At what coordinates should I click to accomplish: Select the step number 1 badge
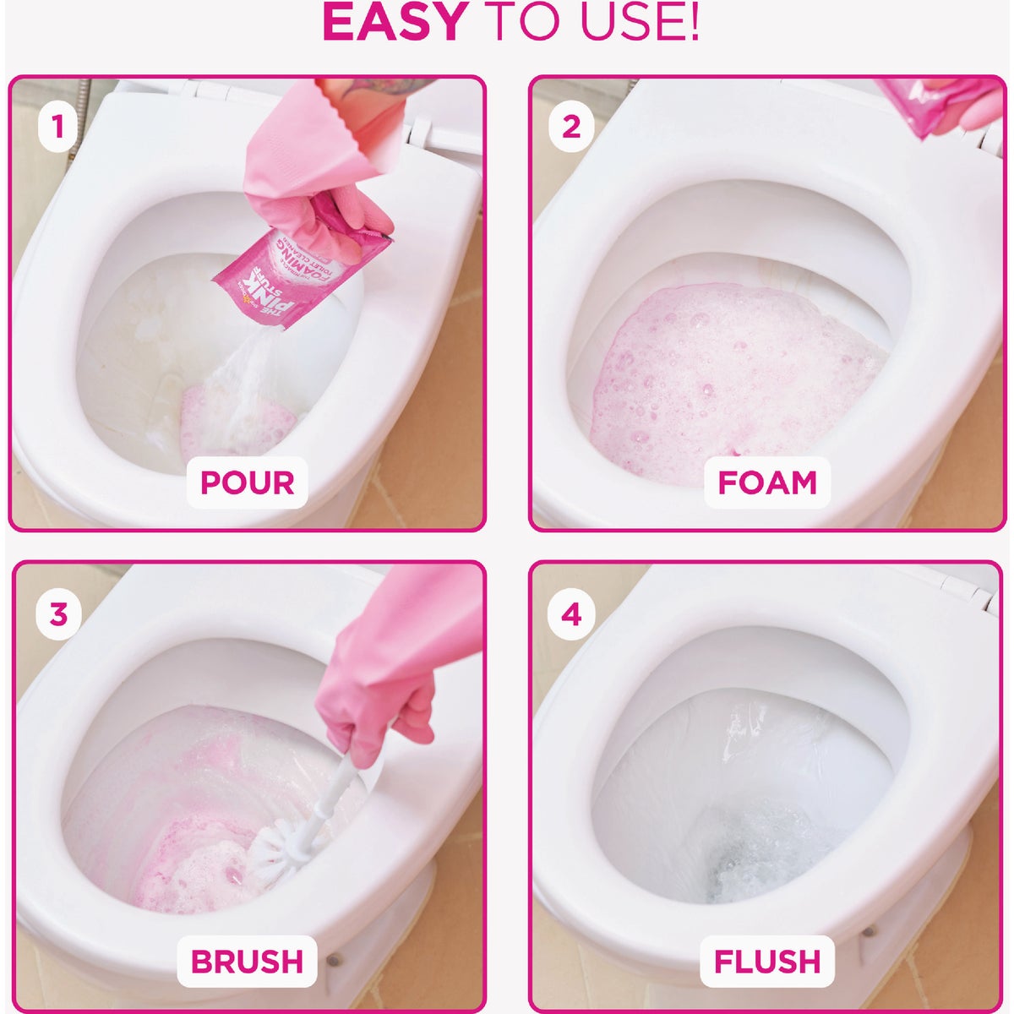click(x=57, y=128)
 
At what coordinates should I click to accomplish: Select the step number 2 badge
click(x=571, y=128)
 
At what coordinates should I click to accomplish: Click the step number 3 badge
click(x=57, y=613)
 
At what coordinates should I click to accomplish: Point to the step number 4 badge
click(x=571, y=613)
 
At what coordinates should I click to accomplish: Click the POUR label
click(x=247, y=482)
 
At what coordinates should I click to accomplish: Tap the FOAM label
click(x=767, y=482)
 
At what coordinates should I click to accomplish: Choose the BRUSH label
click(x=247, y=962)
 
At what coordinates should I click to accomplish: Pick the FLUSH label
click(x=767, y=962)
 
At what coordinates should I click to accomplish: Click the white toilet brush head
click(x=279, y=853)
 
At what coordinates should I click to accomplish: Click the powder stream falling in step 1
click(x=253, y=372)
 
